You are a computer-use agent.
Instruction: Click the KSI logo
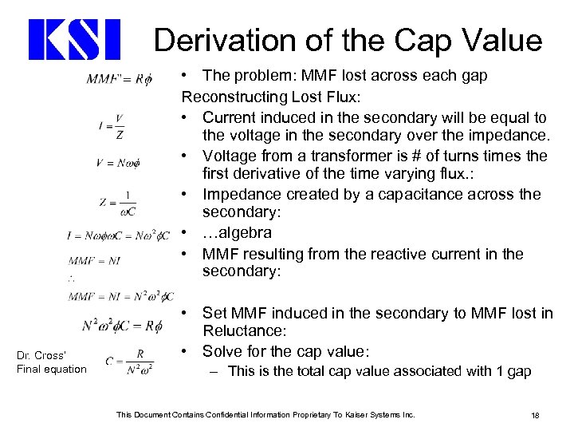point(74,40)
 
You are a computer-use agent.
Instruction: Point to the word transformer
point(315,155)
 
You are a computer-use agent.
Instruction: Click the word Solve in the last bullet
point(222,351)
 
